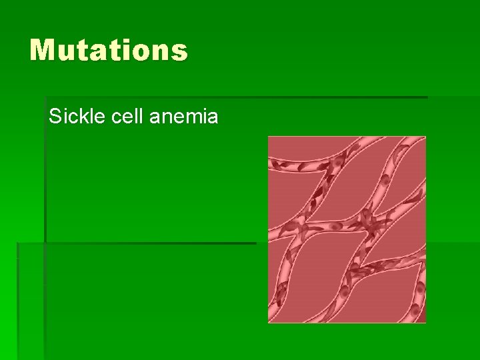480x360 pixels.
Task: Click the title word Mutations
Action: (109, 51)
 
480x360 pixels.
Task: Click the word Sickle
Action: (74, 117)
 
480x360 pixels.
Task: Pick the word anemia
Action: (184, 117)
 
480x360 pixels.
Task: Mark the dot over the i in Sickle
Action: (65, 111)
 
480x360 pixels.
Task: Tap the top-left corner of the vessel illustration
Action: (269, 137)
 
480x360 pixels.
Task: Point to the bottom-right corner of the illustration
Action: (425, 322)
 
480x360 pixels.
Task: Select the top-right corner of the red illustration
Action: (425, 137)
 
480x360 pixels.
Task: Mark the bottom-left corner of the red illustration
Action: (269, 322)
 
